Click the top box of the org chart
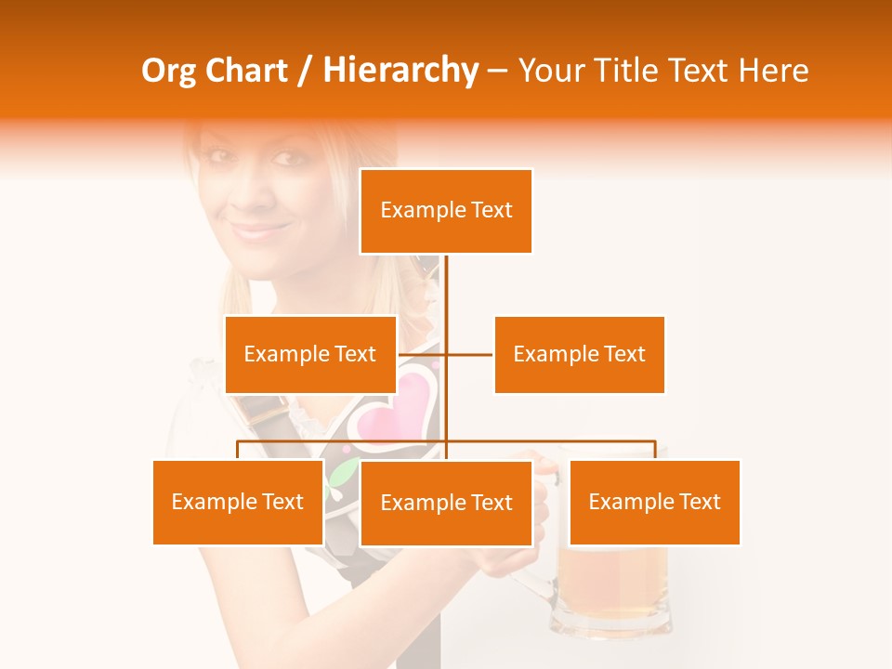point(446,211)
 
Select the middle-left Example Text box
point(310,354)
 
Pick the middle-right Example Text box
point(579,354)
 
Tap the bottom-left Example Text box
point(238,502)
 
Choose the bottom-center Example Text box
point(446,503)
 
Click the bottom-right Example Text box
point(654,502)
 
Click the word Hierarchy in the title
point(400,71)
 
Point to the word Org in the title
point(170,72)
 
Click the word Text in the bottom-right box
point(700,502)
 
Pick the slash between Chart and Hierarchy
point(304,72)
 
